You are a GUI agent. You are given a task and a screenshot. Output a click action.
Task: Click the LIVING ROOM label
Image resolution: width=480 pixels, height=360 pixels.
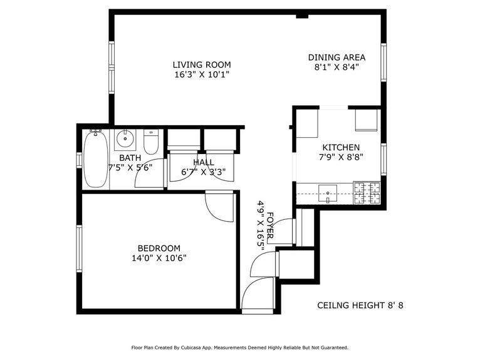202,64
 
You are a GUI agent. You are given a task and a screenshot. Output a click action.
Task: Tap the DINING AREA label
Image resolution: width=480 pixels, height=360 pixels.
337,57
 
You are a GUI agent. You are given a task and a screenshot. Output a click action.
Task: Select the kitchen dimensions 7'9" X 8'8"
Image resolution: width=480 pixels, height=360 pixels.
341,158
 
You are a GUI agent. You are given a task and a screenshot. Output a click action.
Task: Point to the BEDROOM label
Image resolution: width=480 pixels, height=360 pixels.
159,247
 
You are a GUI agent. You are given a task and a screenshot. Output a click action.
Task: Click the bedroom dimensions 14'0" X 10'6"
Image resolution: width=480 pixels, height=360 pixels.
159,257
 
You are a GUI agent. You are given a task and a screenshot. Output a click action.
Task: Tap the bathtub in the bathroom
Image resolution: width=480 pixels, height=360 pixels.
96,159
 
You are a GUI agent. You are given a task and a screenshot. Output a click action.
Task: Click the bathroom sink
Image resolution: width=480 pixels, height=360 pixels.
126,138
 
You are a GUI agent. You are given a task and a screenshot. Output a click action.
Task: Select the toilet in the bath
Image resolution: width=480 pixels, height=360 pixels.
151,142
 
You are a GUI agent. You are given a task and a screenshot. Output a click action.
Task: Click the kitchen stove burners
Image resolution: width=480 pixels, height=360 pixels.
367,193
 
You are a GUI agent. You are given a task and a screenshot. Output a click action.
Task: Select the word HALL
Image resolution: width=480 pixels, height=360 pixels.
203,162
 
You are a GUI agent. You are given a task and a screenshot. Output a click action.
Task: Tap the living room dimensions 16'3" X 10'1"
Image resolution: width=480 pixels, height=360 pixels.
202,75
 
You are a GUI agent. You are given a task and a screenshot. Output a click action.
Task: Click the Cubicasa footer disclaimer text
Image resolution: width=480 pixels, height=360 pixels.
239,347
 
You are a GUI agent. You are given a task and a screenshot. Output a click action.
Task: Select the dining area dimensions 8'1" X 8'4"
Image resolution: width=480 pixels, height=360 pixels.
337,67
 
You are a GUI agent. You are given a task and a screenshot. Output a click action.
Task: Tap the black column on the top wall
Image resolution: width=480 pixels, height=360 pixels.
302,15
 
